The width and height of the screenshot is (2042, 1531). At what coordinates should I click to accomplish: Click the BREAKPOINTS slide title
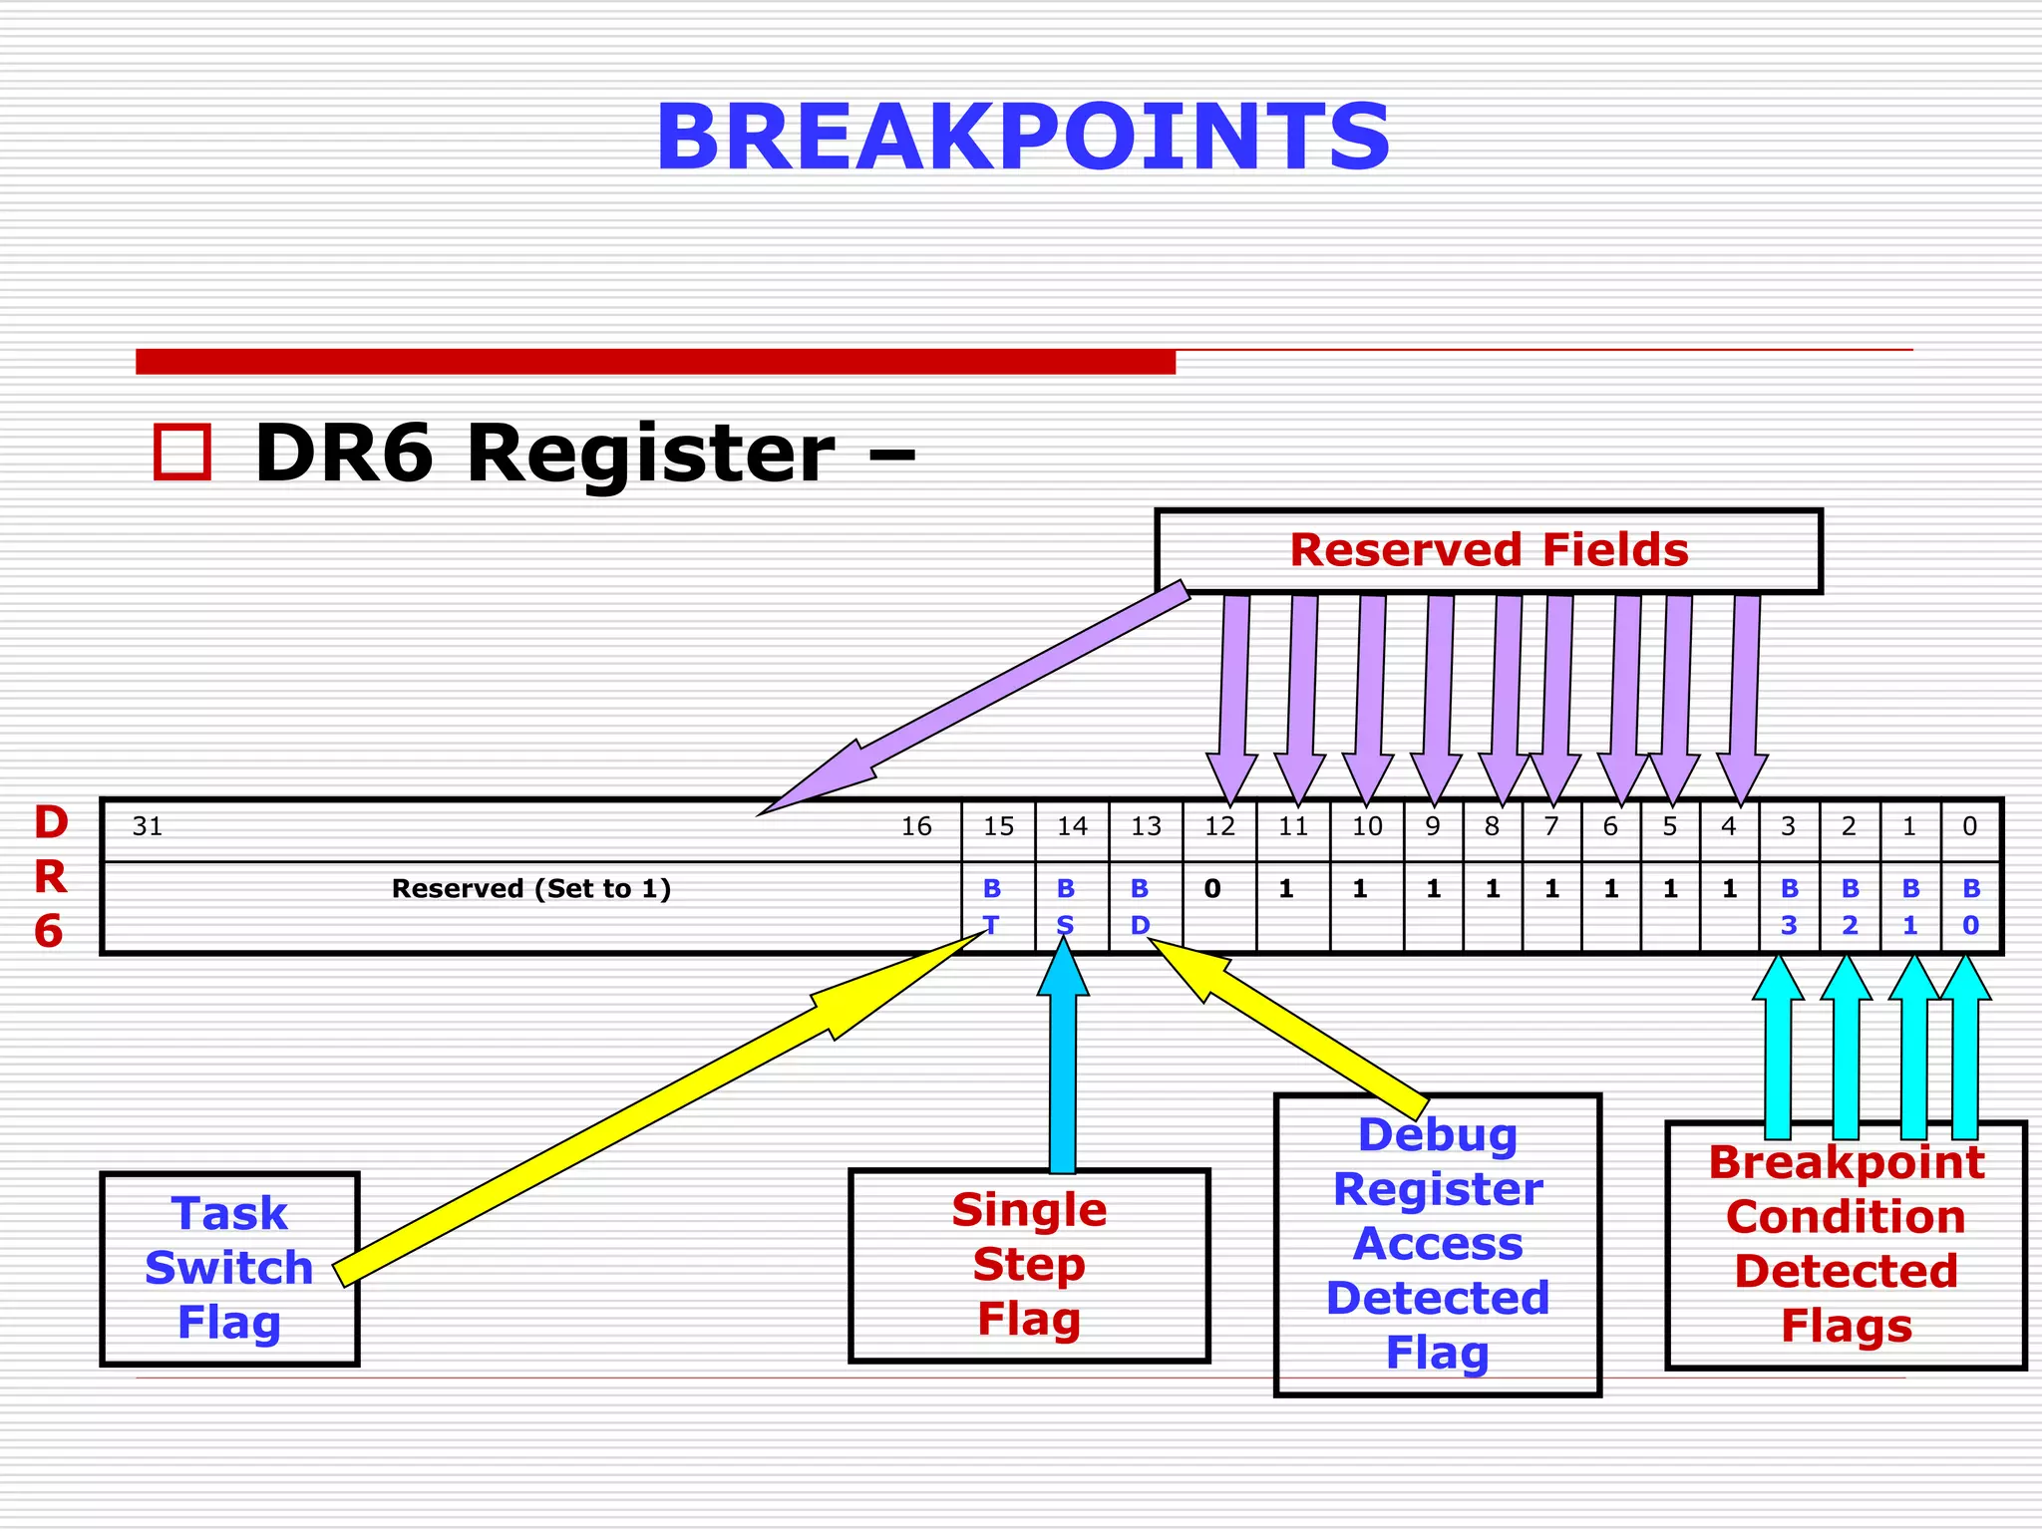pyautogui.click(x=1022, y=138)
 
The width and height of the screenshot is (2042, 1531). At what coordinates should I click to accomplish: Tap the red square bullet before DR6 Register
pyautogui.click(x=182, y=453)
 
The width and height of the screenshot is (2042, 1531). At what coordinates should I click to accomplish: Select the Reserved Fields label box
pyautogui.click(x=1488, y=550)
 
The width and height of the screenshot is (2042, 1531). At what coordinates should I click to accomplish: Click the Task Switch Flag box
pyautogui.click(x=229, y=1268)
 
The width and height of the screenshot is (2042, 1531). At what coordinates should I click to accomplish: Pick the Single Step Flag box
pyautogui.click(x=1029, y=1265)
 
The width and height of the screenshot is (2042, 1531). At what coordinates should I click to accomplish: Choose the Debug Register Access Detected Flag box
pyautogui.click(x=1437, y=1244)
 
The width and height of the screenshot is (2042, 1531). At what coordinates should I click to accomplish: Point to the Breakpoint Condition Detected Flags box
pyautogui.click(x=1846, y=1245)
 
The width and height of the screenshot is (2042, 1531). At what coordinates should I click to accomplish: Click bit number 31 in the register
pyautogui.click(x=148, y=826)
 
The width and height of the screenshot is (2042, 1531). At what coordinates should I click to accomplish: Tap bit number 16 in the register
pyautogui.click(x=916, y=826)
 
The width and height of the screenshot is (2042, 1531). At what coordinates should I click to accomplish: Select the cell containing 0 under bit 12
pyautogui.click(x=1212, y=889)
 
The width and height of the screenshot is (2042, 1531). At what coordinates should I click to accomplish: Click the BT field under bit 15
pyautogui.click(x=992, y=906)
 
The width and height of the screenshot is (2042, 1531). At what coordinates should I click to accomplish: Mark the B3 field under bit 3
pyautogui.click(x=1789, y=906)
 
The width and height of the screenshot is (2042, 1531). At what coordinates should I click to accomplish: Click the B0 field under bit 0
pyautogui.click(x=1971, y=906)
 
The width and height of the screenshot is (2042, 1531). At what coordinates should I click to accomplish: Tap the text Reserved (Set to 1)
pyautogui.click(x=530, y=889)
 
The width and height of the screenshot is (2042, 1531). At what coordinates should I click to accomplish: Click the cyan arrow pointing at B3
pyautogui.click(x=1778, y=1057)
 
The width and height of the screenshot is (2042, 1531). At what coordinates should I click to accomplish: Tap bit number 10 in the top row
pyautogui.click(x=1367, y=826)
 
